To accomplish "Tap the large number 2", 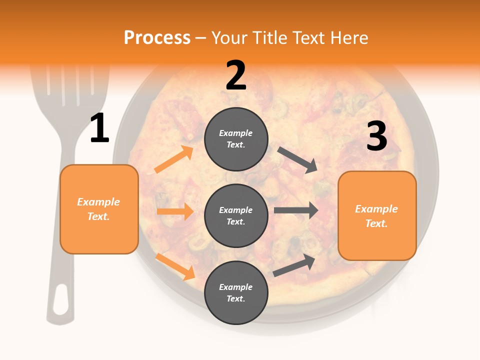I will click(236, 75).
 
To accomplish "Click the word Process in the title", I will click(157, 37).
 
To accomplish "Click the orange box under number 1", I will click(99, 209).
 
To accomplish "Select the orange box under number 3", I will click(377, 215).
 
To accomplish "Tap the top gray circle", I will click(236, 139).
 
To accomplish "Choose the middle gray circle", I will click(236, 215).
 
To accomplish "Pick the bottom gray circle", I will click(236, 292).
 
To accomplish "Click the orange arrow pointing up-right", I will click(173, 159).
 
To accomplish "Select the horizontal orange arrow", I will click(175, 211).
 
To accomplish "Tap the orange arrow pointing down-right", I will click(175, 266).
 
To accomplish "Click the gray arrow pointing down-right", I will click(297, 160).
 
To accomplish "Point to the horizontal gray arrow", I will click(296, 210).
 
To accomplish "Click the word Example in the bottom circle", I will click(236, 287).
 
